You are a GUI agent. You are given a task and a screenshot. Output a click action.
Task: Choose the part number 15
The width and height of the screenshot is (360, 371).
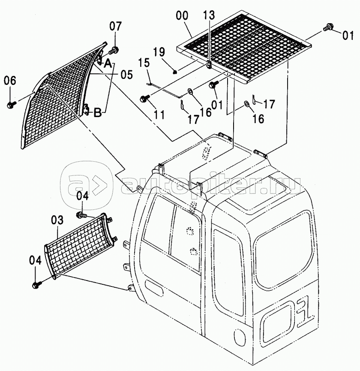[144, 63]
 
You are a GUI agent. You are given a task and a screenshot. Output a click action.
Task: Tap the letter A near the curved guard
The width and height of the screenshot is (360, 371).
[108, 64]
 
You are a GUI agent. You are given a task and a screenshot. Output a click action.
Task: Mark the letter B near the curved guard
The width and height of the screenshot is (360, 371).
[97, 113]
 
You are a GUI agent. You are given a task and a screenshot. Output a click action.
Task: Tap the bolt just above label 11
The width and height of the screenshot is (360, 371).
[144, 99]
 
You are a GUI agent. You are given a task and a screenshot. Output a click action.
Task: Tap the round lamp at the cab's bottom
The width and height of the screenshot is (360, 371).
[239, 338]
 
